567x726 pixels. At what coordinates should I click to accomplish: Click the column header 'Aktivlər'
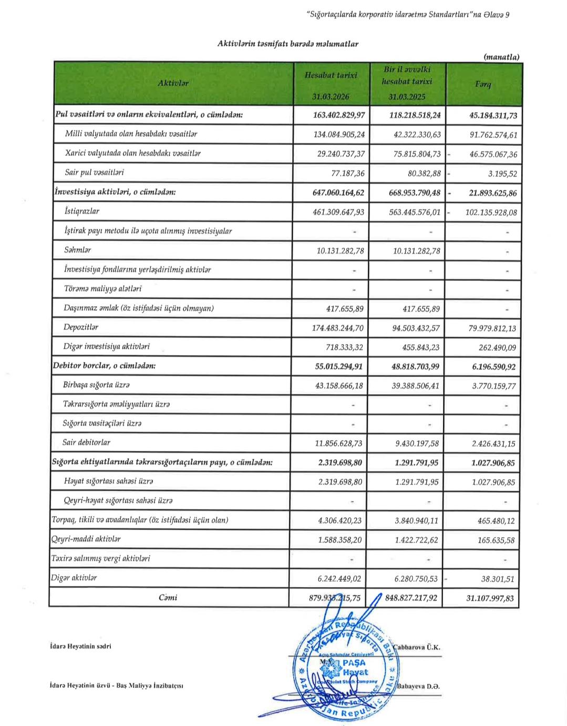click(173, 83)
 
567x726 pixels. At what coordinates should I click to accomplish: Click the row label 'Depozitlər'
click(81, 327)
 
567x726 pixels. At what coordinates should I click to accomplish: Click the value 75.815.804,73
click(409, 154)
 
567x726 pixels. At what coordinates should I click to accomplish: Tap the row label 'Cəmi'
click(168, 597)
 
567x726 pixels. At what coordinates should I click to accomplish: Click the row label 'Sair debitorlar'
click(86, 442)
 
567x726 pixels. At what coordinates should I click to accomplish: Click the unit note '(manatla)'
click(501, 57)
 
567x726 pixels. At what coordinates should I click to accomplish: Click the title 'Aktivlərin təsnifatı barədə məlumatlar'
click(287, 44)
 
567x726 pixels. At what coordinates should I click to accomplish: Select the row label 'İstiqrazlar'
click(81, 211)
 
